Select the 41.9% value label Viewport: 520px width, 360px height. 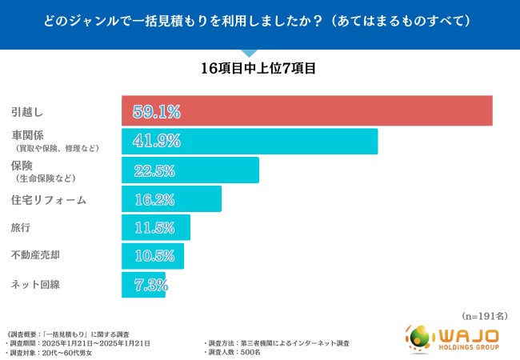152,141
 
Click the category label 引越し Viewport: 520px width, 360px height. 26,111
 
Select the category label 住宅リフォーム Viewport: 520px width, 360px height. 48,200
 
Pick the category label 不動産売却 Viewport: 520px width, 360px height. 37,256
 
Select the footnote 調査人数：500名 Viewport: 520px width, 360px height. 233,353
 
